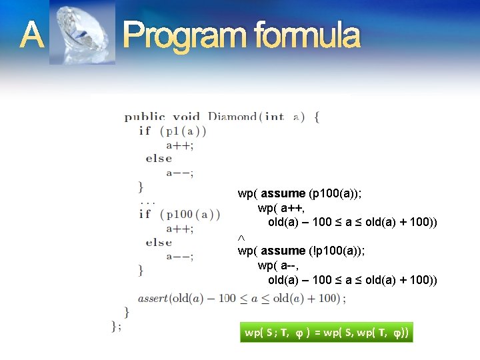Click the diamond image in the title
pos(83,33)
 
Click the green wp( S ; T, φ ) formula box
pos(326,332)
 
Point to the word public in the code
pos(145,117)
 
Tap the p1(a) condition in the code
pos(182,131)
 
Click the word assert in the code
pos(153,298)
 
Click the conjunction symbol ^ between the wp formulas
pos(241,237)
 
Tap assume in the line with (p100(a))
pos(283,193)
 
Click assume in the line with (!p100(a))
pos(283,251)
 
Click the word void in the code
pos(187,117)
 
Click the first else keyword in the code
pos(159,159)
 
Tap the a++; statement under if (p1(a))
pos(180,145)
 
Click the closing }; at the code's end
pos(117,325)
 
